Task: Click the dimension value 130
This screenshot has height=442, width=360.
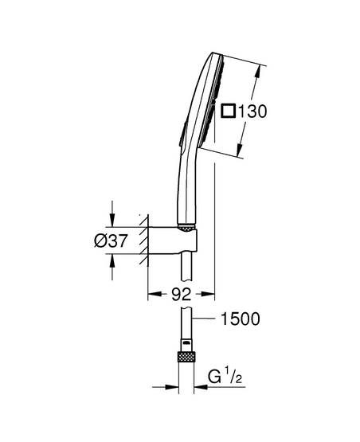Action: tap(252, 111)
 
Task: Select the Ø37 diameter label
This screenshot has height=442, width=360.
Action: tap(111, 241)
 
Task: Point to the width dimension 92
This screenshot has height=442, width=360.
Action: tap(182, 295)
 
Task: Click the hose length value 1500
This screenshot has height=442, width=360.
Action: tap(241, 319)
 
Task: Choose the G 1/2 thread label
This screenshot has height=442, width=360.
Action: tap(225, 377)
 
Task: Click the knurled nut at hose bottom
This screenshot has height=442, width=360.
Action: tap(186, 357)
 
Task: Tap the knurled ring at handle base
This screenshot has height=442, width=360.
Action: tap(186, 228)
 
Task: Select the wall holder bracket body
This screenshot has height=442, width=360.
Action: tap(172, 241)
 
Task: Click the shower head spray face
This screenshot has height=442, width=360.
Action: tap(212, 101)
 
